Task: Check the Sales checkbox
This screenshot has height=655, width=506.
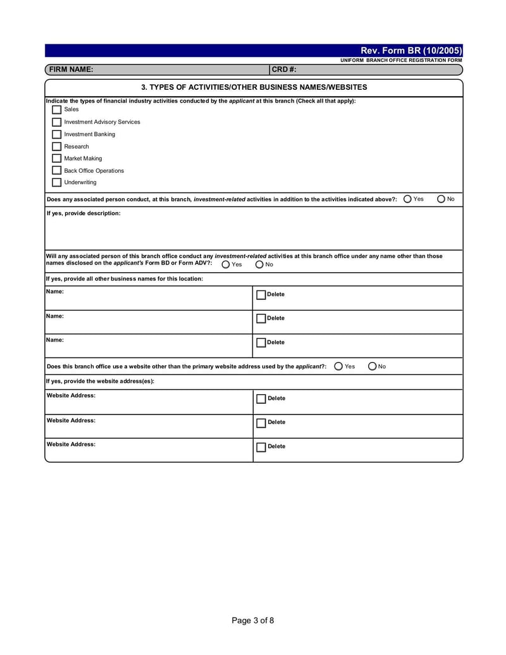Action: pyautogui.click(x=57, y=109)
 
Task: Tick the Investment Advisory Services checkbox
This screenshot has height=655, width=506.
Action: pyautogui.click(x=57, y=122)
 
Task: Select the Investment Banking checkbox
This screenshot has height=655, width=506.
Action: pyautogui.click(x=57, y=134)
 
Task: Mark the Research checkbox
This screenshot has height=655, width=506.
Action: pyautogui.click(x=57, y=146)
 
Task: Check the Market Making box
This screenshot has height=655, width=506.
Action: pyautogui.click(x=57, y=158)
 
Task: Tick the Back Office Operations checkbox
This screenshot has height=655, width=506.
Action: pyautogui.click(x=57, y=170)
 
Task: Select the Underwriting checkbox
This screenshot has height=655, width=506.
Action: pyautogui.click(x=57, y=182)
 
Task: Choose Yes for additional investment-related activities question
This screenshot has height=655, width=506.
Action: pyautogui.click(x=408, y=199)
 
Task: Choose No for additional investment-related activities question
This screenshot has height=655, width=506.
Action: pyautogui.click(x=441, y=199)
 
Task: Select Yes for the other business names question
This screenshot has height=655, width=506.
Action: pyautogui.click(x=226, y=265)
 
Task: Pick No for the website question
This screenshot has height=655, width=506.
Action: pyautogui.click(x=373, y=366)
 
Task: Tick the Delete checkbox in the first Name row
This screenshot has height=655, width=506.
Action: pyautogui.click(x=261, y=295)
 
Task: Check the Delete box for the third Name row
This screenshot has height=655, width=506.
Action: pyautogui.click(x=261, y=343)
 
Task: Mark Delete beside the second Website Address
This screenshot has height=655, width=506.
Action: pyautogui.click(x=261, y=423)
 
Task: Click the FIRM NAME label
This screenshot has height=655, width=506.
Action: pyautogui.click(x=71, y=70)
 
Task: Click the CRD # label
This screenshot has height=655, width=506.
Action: pyautogui.click(x=284, y=70)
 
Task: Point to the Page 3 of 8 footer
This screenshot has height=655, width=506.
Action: pyautogui.click(x=253, y=621)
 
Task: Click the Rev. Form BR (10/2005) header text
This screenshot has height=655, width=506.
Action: pyautogui.click(x=411, y=51)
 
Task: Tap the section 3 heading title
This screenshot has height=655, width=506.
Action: pyautogui.click(x=254, y=87)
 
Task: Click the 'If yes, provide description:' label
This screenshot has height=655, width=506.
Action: pyautogui.click(x=83, y=213)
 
